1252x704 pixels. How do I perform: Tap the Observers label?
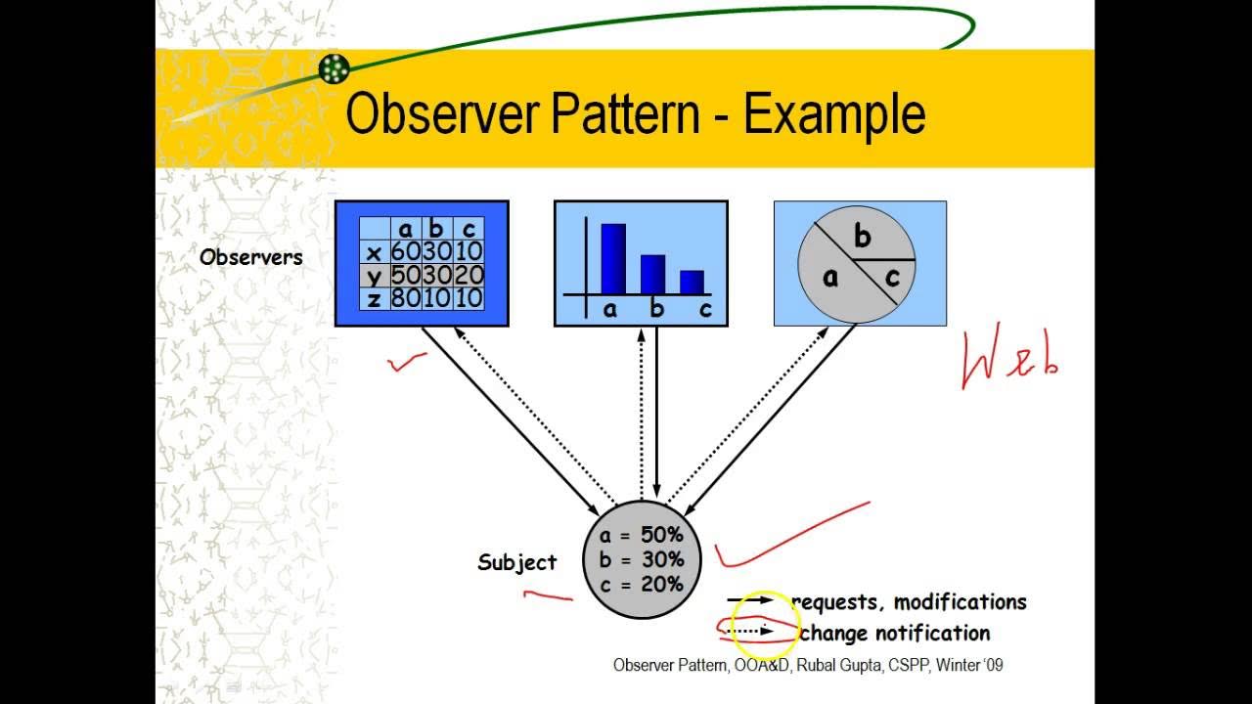pyautogui.click(x=251, y=257)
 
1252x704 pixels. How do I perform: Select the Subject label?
pyautogui.click(x=516, y=562)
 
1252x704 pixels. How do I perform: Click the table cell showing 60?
pyautogui.click(x=404, y=251)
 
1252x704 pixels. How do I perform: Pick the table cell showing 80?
pyautogui.click(x=404, y=297)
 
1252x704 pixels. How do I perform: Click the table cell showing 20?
pyautogui.click(x=469, y=275)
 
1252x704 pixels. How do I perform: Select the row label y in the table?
pyautogui.click(x=374, y=275)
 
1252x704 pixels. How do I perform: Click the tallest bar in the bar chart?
pyautogui.click(x=613, y=258)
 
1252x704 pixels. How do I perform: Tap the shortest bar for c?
pyautogui.click(x=692, y=282)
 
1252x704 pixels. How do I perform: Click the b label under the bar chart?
pyautogui.click(x=657, y=310)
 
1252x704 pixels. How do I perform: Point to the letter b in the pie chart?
pyautogui.click(x=862, y=237)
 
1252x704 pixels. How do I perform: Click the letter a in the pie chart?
pyautogui.click(x=830, y=278)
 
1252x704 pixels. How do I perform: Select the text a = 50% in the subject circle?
pyautogui.click(x=642, y=535)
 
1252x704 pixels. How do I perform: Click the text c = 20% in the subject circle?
pyautogui.click(x=642, y=584)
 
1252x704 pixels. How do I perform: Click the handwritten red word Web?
pyautogui.click(x=1010, y=360)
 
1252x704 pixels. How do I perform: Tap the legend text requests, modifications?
pyautogui.click(x=910, y=602)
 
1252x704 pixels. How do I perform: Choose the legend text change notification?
pyautogui.click(x=895, y=634)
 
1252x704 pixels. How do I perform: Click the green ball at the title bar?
pyautogui.click(x=334, y=68)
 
